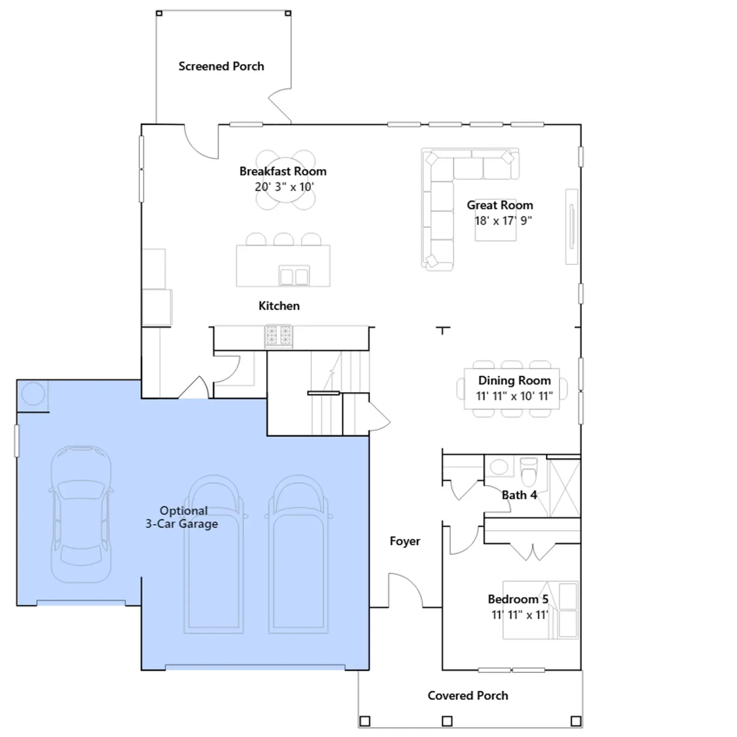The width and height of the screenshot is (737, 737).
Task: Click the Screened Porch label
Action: click(x=221, y=66)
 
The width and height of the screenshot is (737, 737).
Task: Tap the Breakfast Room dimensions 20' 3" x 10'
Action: click(x=284, y=187)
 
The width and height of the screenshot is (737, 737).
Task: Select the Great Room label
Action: click(x=500, y=205)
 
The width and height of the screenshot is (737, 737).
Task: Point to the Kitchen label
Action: click(x=279, y=306)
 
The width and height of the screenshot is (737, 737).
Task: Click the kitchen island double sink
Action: click(x=294, y=276)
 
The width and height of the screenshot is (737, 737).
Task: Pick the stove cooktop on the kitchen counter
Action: click(x=279, y=335)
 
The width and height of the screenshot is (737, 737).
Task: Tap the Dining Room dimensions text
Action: click(x=515, y=396)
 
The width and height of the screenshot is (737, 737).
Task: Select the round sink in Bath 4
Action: click(x=499, y=467)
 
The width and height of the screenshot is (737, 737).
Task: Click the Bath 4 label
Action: click(x=519, y=495)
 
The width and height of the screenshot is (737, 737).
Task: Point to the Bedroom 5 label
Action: click(x=518, y=599)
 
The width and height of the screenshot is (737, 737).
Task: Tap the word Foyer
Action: click(x=405, y=541)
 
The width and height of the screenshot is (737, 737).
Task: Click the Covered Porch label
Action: click(x=468, y=696)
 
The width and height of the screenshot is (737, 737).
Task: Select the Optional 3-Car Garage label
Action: click(x=182, y=517)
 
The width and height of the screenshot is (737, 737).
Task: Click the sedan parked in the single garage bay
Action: click(x=81, y=514)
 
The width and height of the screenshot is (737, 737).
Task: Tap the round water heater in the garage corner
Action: click(x=33, y=394)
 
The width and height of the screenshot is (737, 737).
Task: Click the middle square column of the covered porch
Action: click(x=447, y=721)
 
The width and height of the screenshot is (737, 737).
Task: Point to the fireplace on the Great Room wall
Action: click(x=572, y=227)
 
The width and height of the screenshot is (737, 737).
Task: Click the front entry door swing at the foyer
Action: click(x=405, y=590)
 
